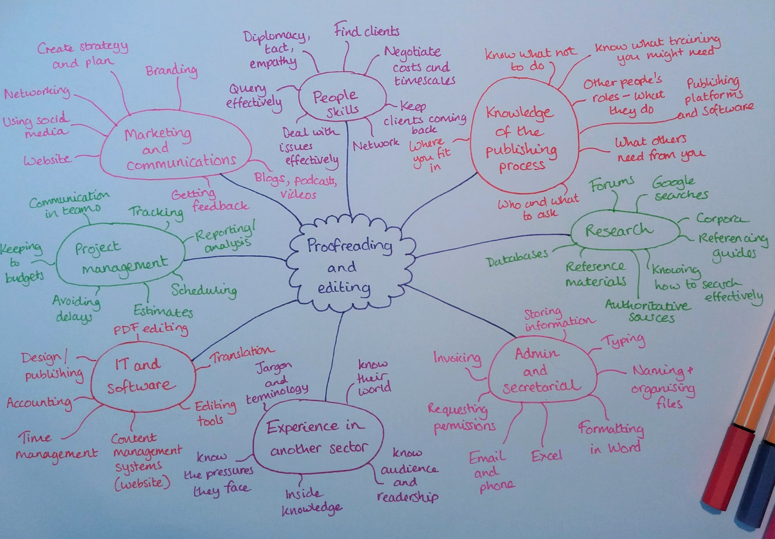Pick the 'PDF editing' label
tap(151, 329)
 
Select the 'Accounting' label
tap(39, 403)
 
